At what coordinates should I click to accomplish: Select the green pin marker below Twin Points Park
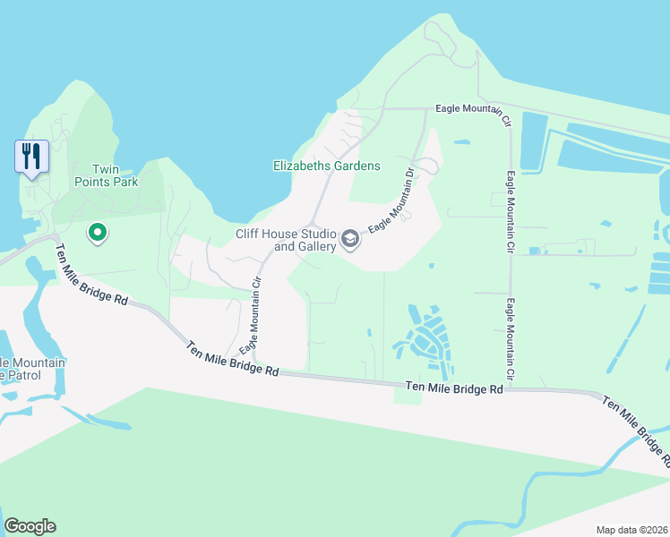point(97,234)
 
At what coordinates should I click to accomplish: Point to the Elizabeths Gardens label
point(326,166)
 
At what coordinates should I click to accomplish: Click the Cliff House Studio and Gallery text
point(285,240)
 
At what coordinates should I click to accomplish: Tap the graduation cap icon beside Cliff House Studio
point(349,240)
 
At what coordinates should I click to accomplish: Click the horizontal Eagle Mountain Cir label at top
point(472,109)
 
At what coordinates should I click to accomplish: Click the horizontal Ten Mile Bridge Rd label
point(453,388)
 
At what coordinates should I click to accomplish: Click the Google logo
point(30,526)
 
